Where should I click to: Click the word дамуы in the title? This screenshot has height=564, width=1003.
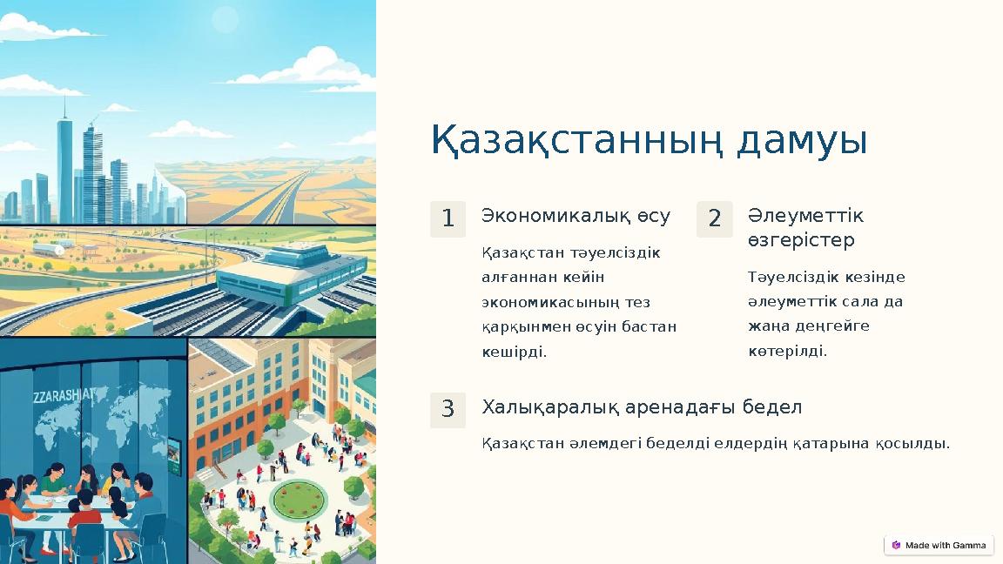[802, 142]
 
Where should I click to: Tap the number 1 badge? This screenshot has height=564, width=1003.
[448, 219]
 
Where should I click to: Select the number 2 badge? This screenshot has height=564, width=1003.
[714, 219]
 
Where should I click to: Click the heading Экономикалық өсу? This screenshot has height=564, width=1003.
[576, 216]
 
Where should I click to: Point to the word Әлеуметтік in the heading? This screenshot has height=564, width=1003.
[805, 215]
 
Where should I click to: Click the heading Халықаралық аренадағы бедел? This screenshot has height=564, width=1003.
[642, 407]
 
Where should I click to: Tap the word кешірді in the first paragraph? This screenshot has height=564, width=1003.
[514, 352]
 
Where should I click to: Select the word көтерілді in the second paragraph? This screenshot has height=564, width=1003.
[787, 352]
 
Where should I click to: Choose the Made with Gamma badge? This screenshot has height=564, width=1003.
[939, 546]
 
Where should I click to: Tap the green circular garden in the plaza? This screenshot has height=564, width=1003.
[297, 500]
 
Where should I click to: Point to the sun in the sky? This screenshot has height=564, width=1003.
[225, 19]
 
